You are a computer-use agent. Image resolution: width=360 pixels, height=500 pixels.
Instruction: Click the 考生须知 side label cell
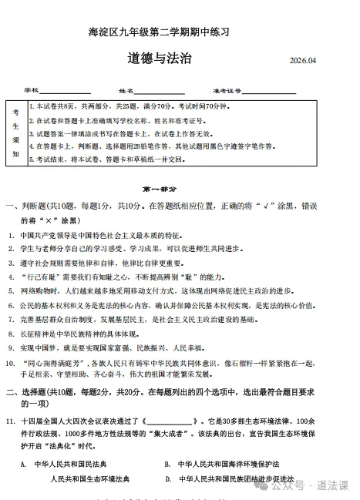tap(15, 133)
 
